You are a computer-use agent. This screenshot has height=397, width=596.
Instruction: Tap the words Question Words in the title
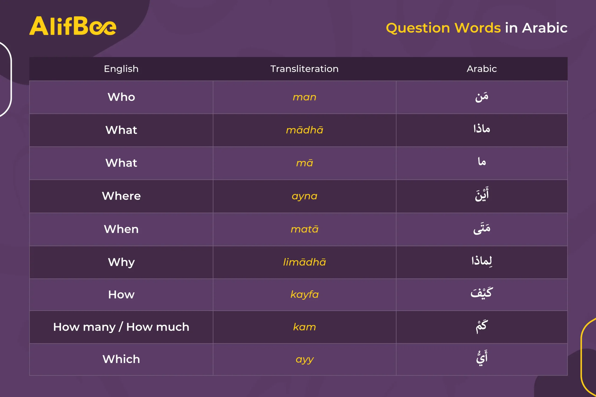(x=443, y=28)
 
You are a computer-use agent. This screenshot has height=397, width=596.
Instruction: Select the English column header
(x=121, y=69)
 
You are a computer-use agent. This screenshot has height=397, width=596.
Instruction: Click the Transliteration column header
(x=304, y=69)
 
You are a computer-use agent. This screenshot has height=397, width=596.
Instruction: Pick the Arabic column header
(x=482, y=69)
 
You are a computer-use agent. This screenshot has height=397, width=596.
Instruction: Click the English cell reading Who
(x=121, y=97)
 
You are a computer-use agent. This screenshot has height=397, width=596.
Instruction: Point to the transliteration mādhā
(x=304, y=130)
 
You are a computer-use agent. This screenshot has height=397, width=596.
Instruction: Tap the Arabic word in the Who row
(x=482, y=97)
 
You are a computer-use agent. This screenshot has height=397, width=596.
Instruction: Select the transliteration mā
(x=304, y=163)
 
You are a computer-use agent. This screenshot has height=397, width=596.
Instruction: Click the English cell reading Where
(x=121, y=196)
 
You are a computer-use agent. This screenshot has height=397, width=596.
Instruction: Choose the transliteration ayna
(x=304, y=196)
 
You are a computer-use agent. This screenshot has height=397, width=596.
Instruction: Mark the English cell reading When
(x=121, y=229)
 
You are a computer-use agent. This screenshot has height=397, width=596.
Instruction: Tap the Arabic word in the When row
(x=482, y=229)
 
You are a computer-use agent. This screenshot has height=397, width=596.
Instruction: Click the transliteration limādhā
(x=304, y=262)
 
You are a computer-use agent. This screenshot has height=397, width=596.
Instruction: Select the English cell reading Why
(x=121, y=262)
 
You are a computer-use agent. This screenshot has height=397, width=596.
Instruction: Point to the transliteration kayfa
(x=304, y=294)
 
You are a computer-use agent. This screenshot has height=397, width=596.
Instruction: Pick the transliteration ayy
(x=304, y=360)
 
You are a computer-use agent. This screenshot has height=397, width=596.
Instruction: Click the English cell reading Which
(x=121, y=359)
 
